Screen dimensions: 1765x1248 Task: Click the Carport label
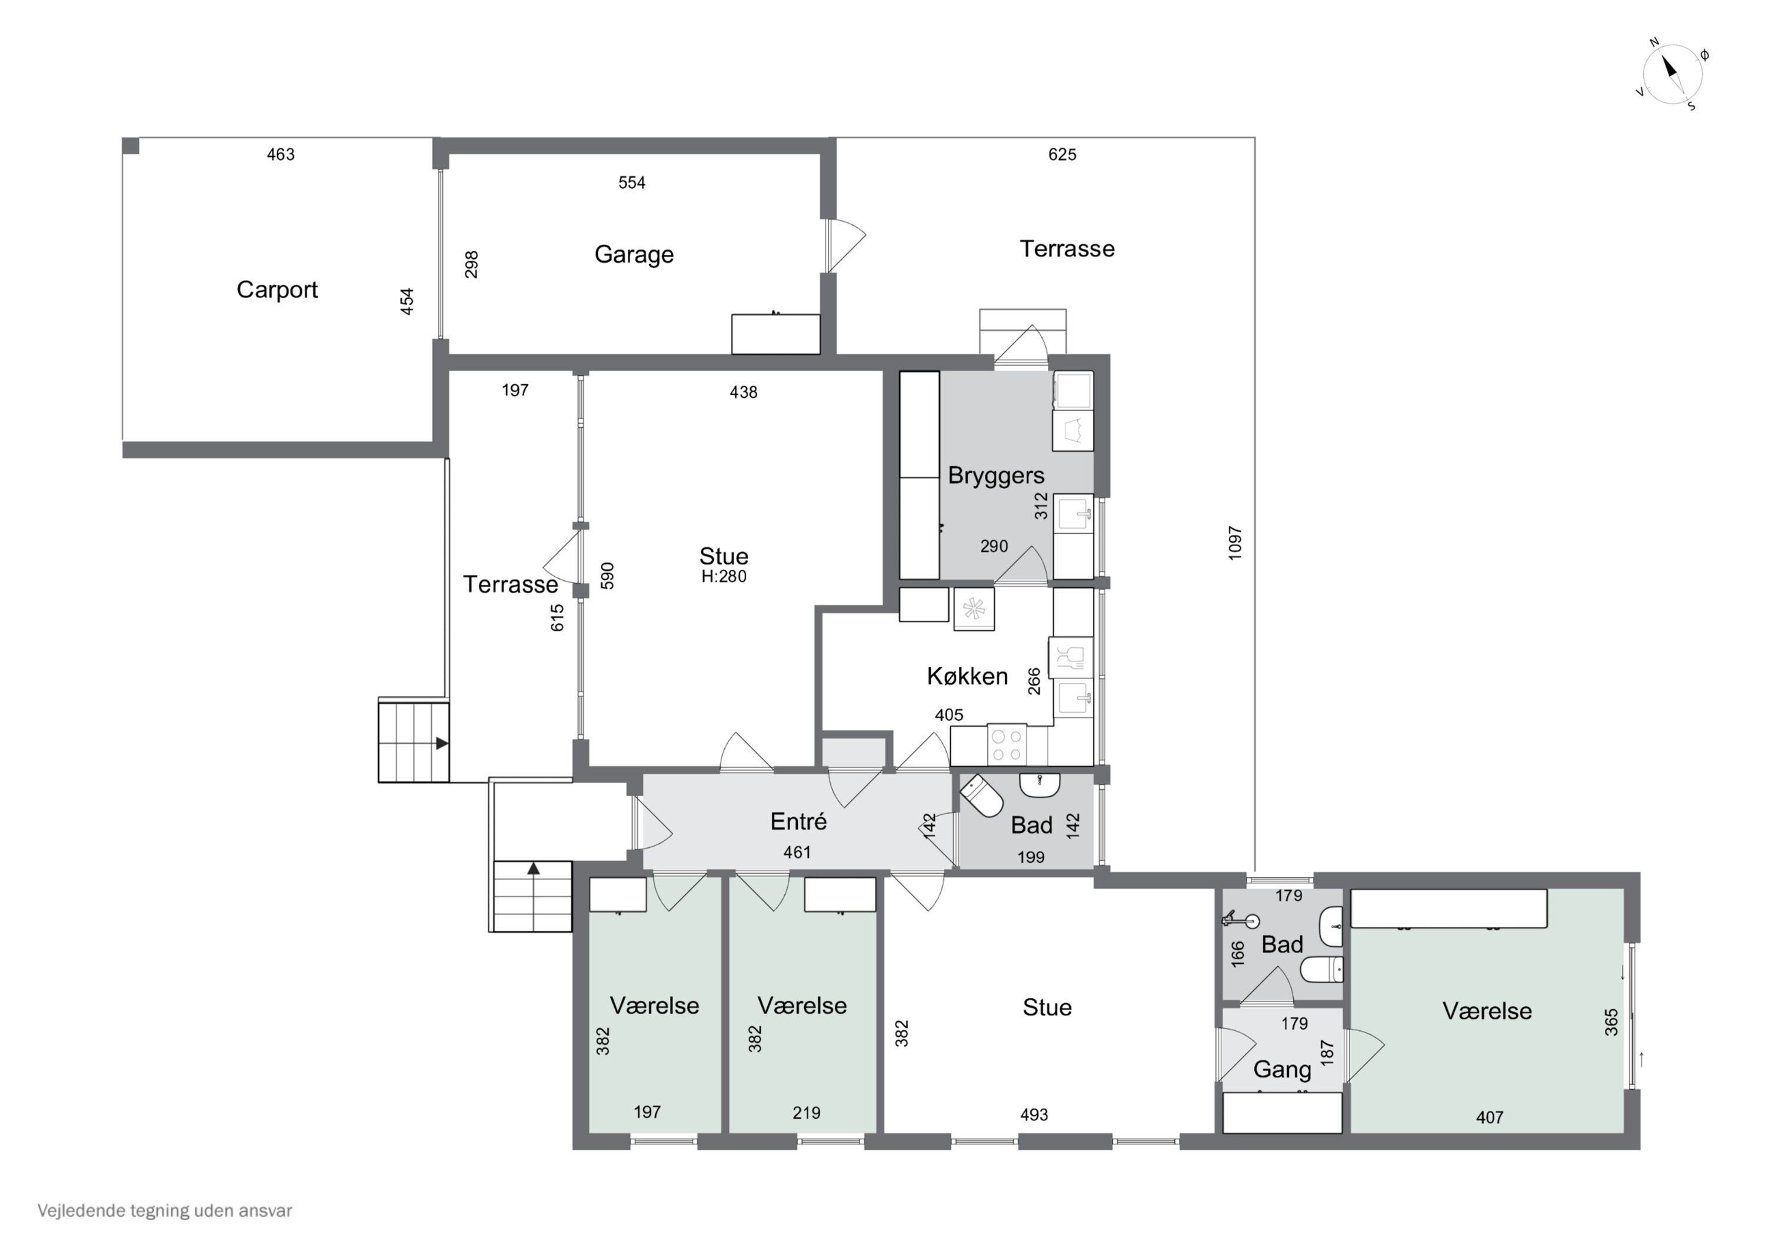tap(277, 290)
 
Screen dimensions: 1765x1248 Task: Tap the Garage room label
tap(634, 255)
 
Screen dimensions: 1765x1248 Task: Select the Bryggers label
tap(995, 476)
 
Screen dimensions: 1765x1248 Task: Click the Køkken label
tap(967, 676)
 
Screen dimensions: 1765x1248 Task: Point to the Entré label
tap(799, 821)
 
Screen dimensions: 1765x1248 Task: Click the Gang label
tap(1282, 1070)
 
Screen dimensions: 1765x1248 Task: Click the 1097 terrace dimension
tap(1234, 543)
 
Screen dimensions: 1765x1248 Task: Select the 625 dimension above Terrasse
tap(1063, 155)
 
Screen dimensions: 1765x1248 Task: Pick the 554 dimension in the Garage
tap(632, 183)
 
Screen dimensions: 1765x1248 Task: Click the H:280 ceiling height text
tap(724, 577)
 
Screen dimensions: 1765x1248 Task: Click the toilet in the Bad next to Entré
tap(982, 795)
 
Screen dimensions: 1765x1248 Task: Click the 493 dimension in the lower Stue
tap(1034, 1115)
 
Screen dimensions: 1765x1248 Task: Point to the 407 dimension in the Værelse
tap(1489, 1118)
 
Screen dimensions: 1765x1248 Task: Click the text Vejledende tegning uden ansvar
tap(165, 1211)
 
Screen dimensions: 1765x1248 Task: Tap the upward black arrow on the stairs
tap(534, 869)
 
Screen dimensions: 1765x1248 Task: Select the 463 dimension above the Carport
tap(281, 155)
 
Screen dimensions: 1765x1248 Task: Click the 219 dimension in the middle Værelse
tap(807, 1113)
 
